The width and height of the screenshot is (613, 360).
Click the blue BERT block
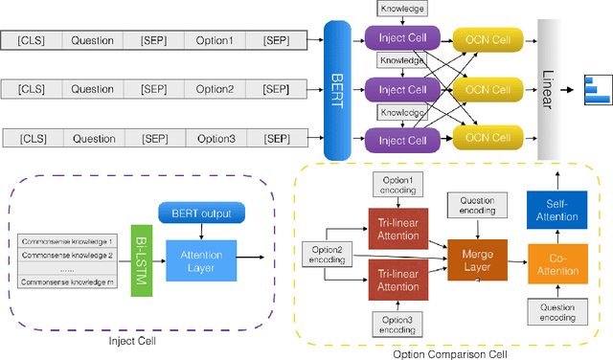pyautogui.click(x=342, y=92)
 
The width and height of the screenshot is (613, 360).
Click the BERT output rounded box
pyautogui.click(x=201, y=213)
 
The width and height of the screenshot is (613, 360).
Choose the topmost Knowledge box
pyautogui.click(x=402, y=9)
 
